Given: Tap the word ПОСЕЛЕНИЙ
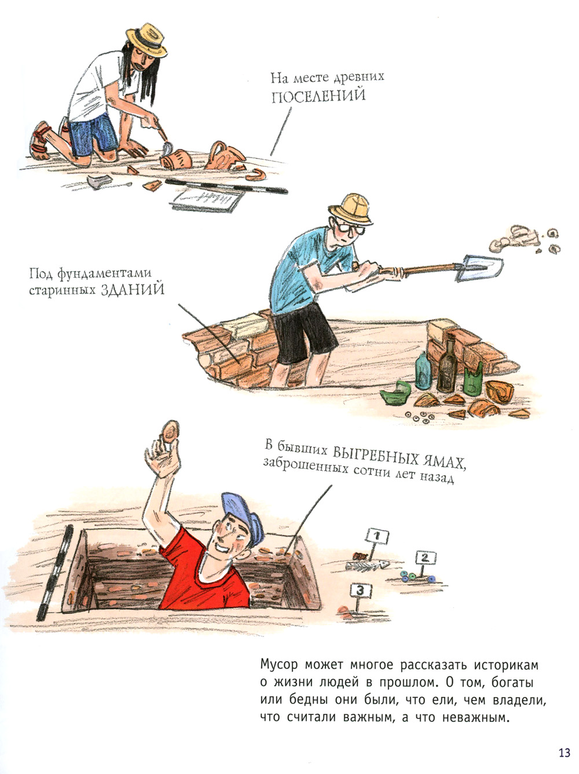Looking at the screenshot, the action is pos(318,96).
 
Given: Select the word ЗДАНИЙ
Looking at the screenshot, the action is pos(133,290).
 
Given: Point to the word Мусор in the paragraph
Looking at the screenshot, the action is pos(279,665).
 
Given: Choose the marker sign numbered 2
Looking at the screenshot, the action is pos(426,558).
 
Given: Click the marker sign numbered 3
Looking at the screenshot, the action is pos(360,590).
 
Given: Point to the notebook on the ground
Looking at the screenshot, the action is pos(207,200).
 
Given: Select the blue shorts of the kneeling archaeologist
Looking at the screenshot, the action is pos(91,134).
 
